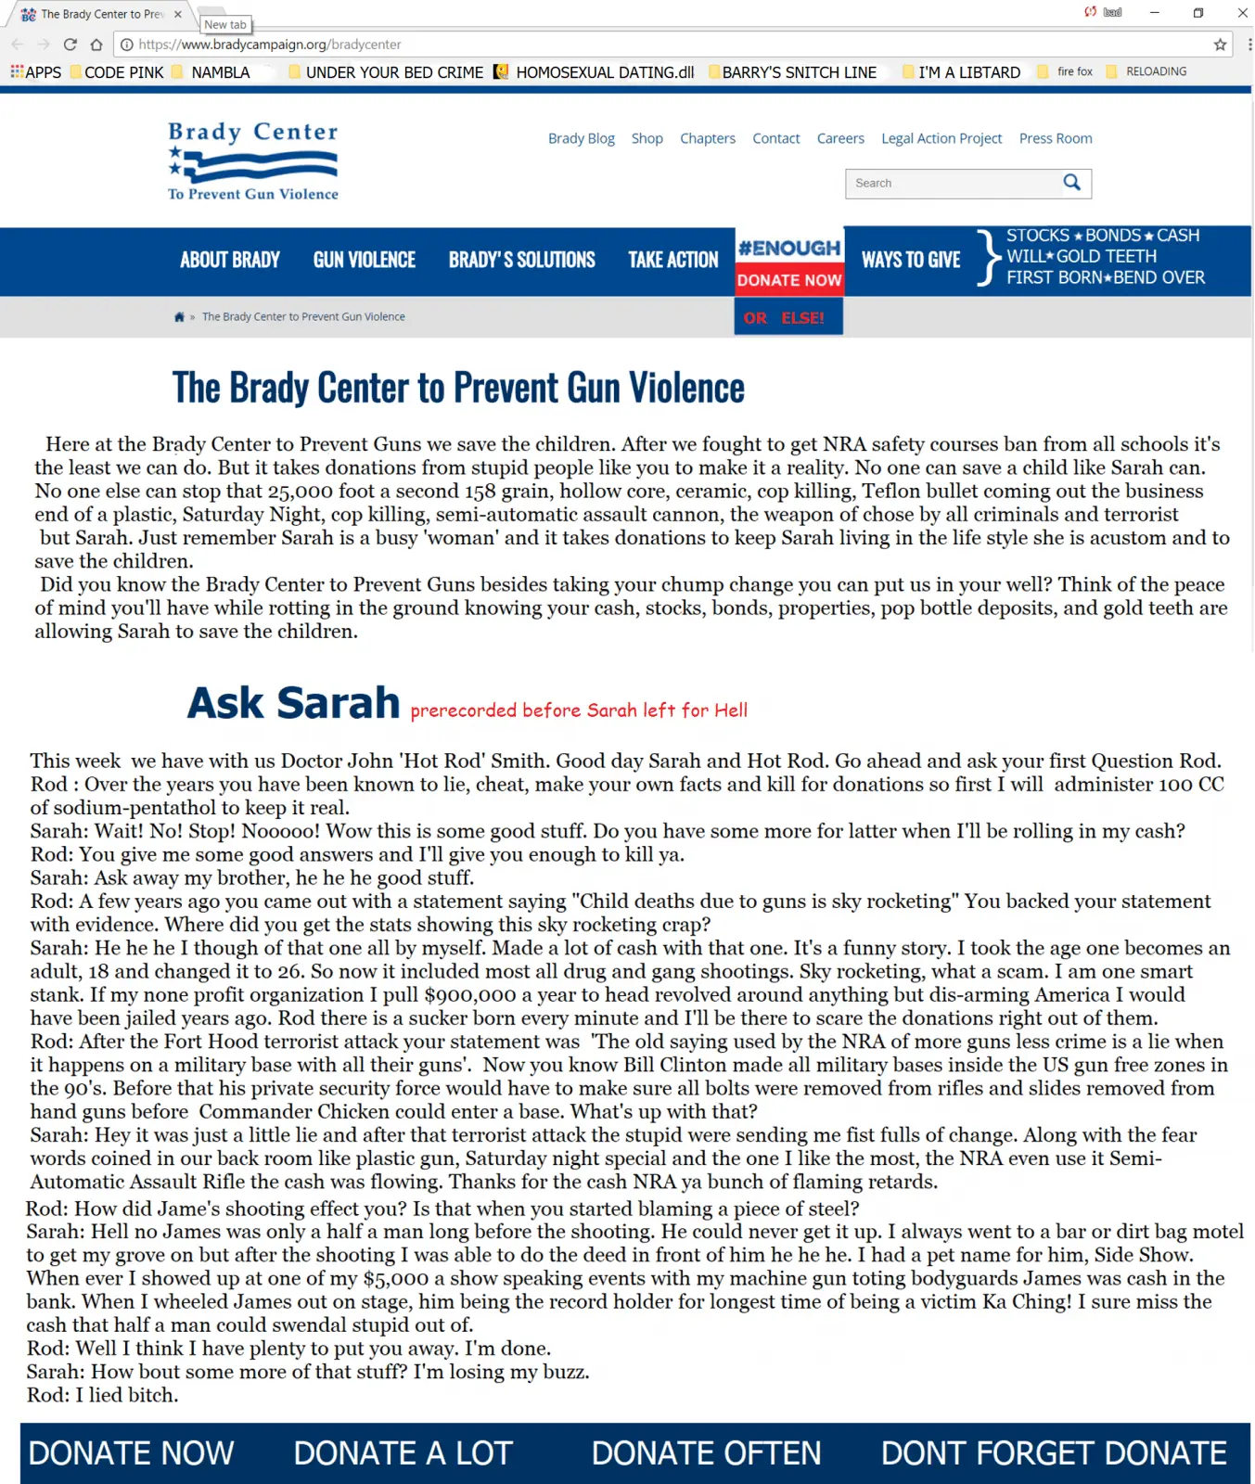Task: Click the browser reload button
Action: point(70,45)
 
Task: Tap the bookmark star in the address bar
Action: point(1220,45)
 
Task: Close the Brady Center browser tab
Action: point(178,14)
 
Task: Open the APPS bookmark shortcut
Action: point(36,72)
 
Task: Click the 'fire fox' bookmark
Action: point(1074,71)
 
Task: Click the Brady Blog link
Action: point(581,138)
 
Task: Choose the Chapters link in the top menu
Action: point(707,138)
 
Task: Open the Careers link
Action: point(839,138)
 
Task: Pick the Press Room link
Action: point(1055,138)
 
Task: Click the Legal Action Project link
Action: point(941,138)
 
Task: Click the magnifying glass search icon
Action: point(1071,183)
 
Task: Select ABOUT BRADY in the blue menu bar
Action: point(230,261)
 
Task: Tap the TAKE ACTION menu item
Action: point(672,261)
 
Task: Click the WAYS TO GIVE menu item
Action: point(910,261)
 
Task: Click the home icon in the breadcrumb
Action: point(179,317)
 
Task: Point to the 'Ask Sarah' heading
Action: point(293,703)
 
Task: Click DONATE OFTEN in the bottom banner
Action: point(706,1452)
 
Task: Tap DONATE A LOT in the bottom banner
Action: point(403,1452)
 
